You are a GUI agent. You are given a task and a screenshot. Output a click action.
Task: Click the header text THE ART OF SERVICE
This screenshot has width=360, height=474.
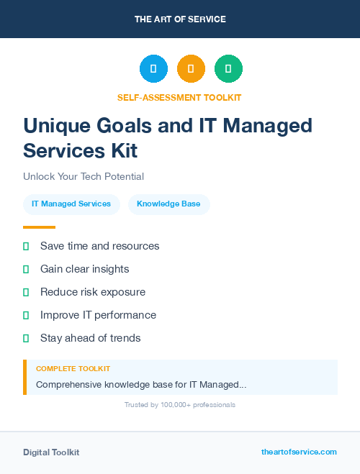pos(180,19)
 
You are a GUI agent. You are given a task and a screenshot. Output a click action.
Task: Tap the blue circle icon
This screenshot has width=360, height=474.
pos(153,69)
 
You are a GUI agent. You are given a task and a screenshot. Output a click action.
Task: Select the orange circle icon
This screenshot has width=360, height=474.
pos(191,69)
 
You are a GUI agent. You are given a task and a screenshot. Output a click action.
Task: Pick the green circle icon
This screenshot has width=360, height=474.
pos(228,69)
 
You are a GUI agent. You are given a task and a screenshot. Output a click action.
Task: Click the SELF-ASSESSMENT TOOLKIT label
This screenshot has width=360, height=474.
pos(180,97)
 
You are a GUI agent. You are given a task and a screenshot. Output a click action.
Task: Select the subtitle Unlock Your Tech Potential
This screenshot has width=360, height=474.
pos(84,176)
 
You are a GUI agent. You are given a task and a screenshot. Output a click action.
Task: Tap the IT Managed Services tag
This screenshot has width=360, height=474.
pos(71,204)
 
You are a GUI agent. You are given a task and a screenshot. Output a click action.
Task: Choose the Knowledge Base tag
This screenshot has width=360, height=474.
pos(168,204)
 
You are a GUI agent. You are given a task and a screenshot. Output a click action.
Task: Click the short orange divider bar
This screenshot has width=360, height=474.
pos(39,227)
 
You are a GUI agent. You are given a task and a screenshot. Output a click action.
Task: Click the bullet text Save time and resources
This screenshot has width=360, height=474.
pos(99,246)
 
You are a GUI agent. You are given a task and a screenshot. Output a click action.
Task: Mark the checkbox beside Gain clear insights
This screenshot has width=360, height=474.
pos(26,269)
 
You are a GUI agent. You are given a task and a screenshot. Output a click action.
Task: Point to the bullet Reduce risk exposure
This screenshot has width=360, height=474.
pos(93,292)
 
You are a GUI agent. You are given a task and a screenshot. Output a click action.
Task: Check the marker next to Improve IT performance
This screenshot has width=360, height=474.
pos(26,315)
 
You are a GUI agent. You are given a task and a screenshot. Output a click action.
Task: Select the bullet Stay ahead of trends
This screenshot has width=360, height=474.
pos(90,338)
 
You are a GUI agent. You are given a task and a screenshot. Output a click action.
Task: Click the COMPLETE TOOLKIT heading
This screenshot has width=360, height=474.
pos(73,369)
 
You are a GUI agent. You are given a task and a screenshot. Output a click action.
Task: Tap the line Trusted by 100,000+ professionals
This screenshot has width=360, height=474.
pos(180,405)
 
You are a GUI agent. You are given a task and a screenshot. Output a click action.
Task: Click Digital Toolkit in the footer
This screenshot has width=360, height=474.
pos(51,452)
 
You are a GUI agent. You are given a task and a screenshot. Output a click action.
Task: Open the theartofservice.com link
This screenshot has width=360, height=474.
pos(299,452)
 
